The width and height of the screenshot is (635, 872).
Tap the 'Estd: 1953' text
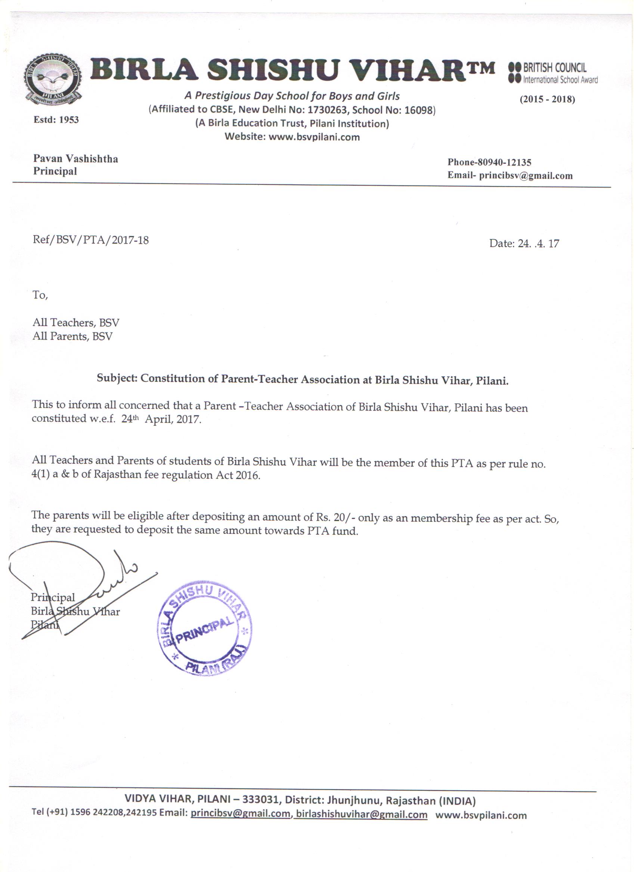(x=56, y=120)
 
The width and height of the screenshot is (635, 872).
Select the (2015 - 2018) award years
(x=547, y=100)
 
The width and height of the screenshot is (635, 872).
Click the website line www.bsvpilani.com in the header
(x=292, y=137)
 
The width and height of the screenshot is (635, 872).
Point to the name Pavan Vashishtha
(x=75, y=159)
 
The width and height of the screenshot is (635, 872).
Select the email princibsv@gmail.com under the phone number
(x=526, y=176)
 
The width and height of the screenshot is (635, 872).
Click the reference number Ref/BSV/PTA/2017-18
(x=91, y=240)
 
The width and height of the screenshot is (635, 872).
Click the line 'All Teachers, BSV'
(x=76, y=323)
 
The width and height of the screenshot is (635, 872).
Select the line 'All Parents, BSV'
(x=72, y=337)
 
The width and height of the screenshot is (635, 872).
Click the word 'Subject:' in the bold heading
(x=117, y=378)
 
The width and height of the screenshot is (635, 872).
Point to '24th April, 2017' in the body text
(x=161, y=419)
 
